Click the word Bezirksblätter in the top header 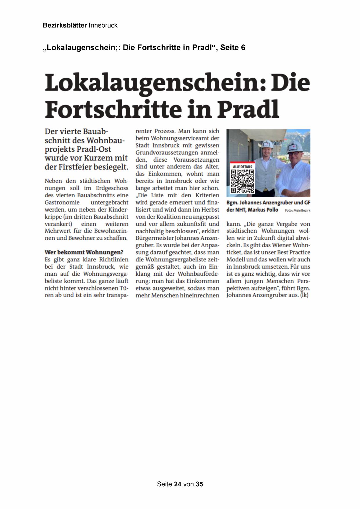coord(65,25)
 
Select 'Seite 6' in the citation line coord(233,48)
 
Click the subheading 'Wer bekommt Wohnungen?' coord(84,252)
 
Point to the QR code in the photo coord(243,181)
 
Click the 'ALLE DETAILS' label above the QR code coord(243,167)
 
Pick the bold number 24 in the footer coord(178,484)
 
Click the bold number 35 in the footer coord(199,484)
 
